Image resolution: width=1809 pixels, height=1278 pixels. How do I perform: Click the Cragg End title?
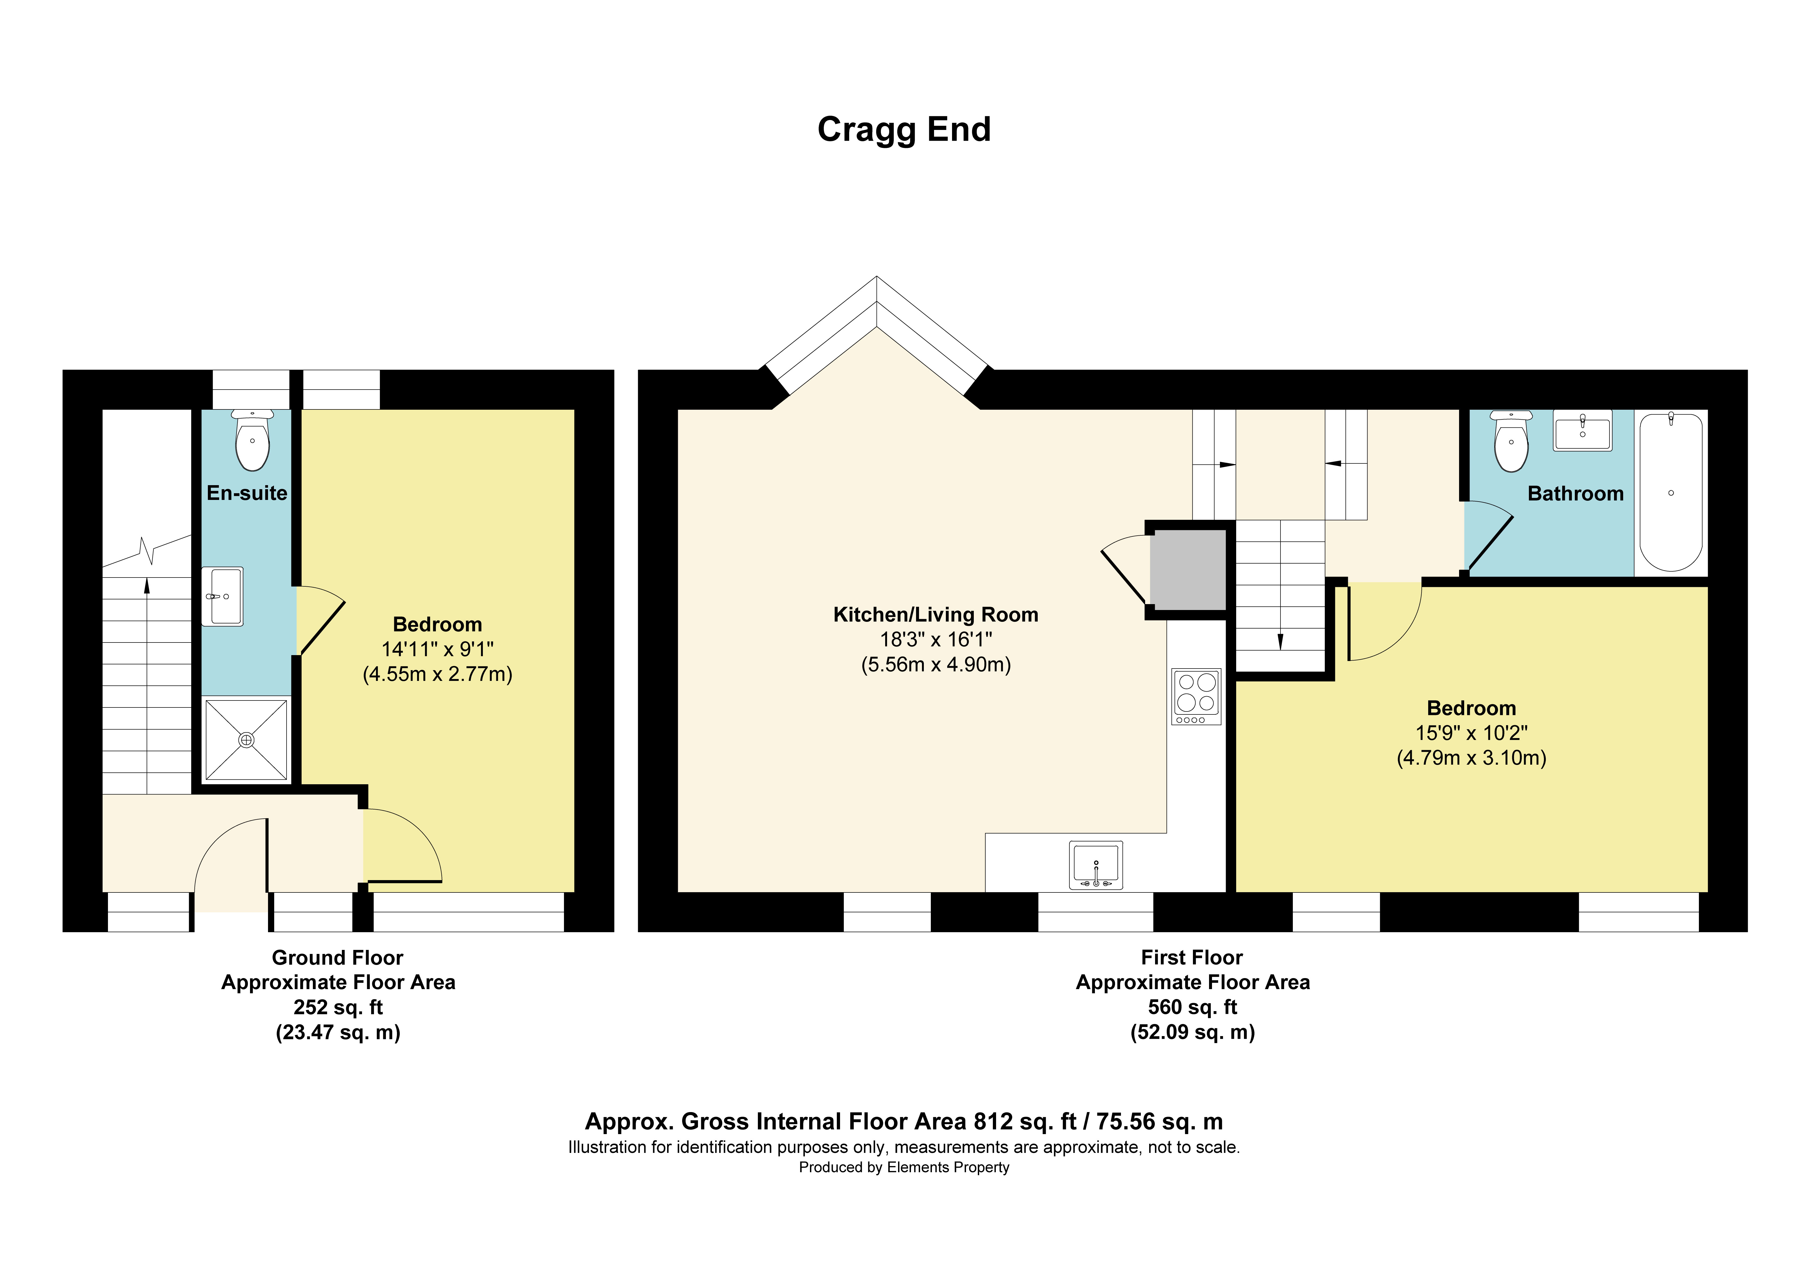[904, 129]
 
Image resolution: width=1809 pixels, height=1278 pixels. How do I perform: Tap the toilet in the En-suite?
[252, 441]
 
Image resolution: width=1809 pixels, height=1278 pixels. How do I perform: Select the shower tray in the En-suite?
[246, 740]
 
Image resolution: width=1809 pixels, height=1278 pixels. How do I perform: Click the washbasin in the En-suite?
[222, 597]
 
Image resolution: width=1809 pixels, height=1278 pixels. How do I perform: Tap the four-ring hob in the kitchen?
[1196, 696]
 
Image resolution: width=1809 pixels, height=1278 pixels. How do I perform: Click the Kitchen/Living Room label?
[935, 615]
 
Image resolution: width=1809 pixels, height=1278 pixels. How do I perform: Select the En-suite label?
[247, 493]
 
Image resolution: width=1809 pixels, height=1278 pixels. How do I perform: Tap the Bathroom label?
[1575, 494]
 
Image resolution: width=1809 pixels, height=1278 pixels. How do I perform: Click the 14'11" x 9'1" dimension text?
[437, 649]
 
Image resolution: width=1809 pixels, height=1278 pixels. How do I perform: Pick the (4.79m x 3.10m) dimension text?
[1471, 758]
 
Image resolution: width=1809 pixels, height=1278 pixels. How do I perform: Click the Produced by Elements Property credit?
[904, 1167]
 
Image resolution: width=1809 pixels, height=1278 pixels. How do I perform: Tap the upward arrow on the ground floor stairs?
[147, 587]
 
